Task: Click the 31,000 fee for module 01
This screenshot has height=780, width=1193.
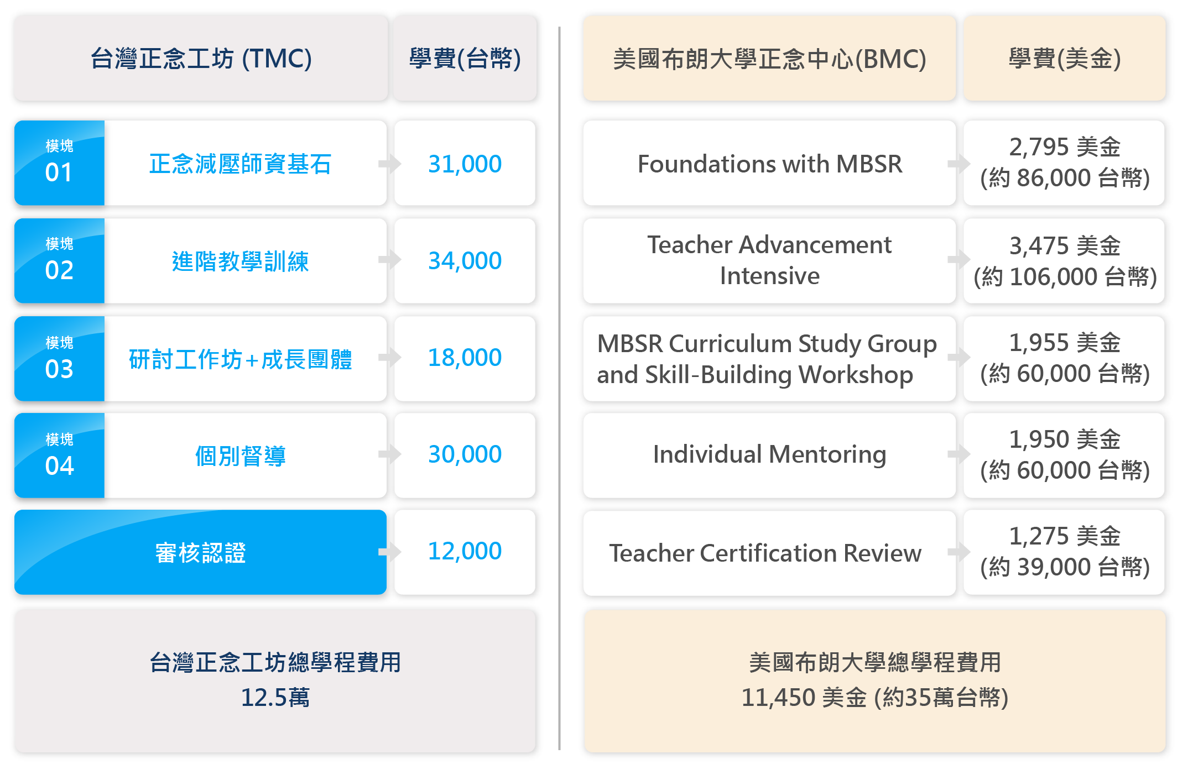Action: [x=465, y=164]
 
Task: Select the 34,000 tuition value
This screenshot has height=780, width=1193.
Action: [x=465, y=261]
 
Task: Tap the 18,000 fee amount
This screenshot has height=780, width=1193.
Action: [x=465, y=358]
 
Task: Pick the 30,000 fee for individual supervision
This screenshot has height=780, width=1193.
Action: [x=465, y=454]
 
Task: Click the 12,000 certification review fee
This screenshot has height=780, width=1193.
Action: [x=465, y=551]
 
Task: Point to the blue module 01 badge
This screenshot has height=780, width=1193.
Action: [x=60, y=163]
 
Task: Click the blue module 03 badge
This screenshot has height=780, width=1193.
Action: [x=60, y=359]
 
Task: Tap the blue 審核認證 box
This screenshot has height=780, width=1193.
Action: [x=200, y=552]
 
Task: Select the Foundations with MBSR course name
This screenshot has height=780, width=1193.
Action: [x=770, y=164]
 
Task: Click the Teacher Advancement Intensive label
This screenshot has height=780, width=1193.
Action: [x=770, y=260]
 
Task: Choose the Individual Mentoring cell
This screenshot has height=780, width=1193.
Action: [x=770, y=454]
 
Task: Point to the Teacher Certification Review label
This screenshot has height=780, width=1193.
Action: [x=765, y=553]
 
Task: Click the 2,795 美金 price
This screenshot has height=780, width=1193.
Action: [x=1065, y=147]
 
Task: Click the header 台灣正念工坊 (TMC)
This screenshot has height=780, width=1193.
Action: [x=201, y=59]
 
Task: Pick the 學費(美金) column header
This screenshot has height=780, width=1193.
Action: [x=1065, y=59]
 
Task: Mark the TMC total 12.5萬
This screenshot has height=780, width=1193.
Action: [x=275, y=698]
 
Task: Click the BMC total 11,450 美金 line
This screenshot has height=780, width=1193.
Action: [x=875, y=698]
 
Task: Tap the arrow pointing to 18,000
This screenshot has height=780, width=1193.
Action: [x=390, y=357]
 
